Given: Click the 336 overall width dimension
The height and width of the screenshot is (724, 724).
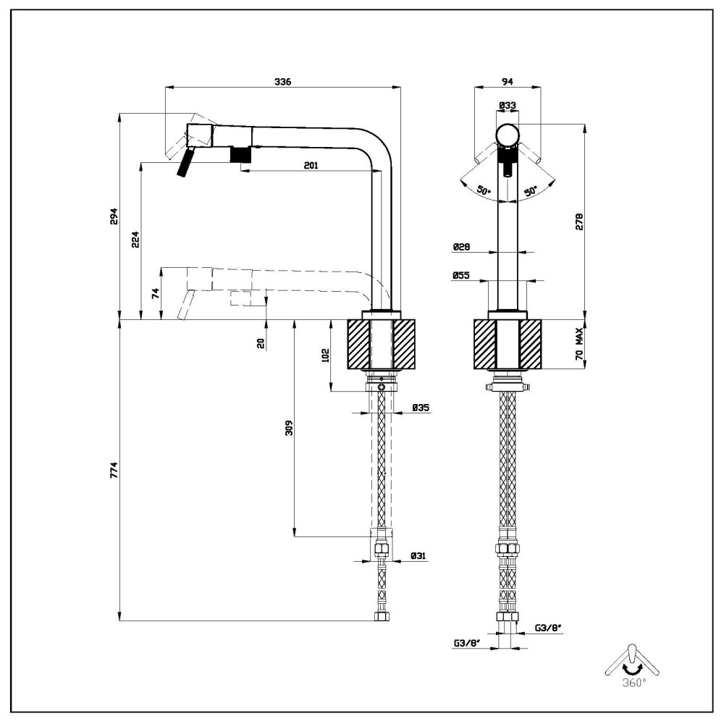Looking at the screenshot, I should pyautogui.click(x=282, y=83).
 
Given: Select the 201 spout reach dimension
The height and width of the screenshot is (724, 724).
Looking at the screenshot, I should pyautogui.click(x=311, y=166).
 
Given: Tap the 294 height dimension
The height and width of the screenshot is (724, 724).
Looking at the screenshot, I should pyautogui.click(x=114, y=216).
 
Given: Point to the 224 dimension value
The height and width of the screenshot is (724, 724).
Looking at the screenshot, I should pyautogui.click(x=135, y=241).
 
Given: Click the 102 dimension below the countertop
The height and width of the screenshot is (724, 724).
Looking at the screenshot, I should pyautogui.click(x=325, y=355).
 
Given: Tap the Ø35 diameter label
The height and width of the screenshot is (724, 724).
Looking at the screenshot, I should pyautogui.click(x=421, y=408).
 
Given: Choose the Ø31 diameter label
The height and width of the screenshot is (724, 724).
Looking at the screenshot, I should pyautogui.click(x=418, y=556).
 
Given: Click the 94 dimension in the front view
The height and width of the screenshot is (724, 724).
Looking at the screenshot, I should pyautogui.click(x=507, y=82).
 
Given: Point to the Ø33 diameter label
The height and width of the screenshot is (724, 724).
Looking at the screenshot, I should pyautogui.click(x=507, y=106).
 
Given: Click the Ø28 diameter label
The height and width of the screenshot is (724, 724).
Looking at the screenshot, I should pyautogui.click(x=461, y=247).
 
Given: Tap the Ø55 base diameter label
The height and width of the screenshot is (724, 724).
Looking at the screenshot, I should pyautogui.click(x=461, y=276).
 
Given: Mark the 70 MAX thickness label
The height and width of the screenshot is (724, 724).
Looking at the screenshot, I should pyautogui.click(x=579, y=345).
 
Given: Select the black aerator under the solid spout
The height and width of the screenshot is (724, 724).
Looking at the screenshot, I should pyautogui.click(x=239, y=154).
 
